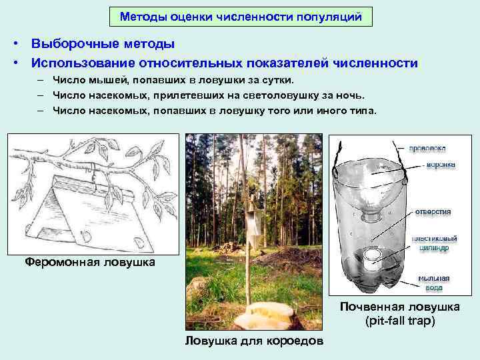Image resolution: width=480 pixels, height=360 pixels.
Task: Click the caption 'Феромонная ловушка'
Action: click(x=89, y=262)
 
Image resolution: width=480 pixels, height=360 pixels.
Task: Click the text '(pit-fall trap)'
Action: click(x=399, y=321)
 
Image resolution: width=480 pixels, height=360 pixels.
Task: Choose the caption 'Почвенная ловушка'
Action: click(x=399, y=307)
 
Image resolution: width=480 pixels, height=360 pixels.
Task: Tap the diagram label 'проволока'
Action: click(x=428, y=148)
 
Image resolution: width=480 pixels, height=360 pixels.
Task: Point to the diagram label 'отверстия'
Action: click(x=433, y=211)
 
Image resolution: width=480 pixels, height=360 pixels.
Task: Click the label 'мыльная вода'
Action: click(x=434, y=283)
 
